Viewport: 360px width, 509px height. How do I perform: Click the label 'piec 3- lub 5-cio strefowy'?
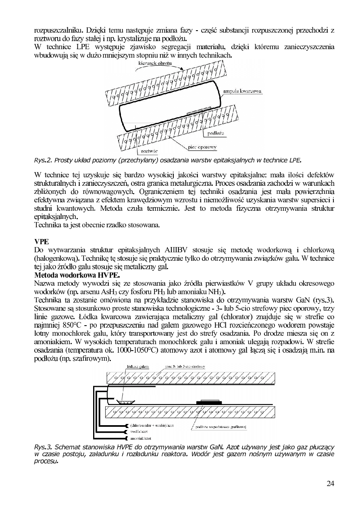click(185, 367)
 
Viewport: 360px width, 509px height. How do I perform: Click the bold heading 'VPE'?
click(42, 241)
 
